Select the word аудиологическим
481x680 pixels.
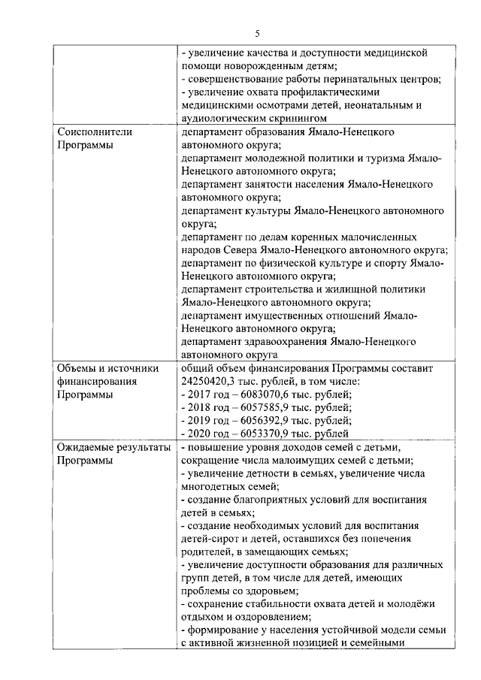pyautogui.click(x=225, y=118)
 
